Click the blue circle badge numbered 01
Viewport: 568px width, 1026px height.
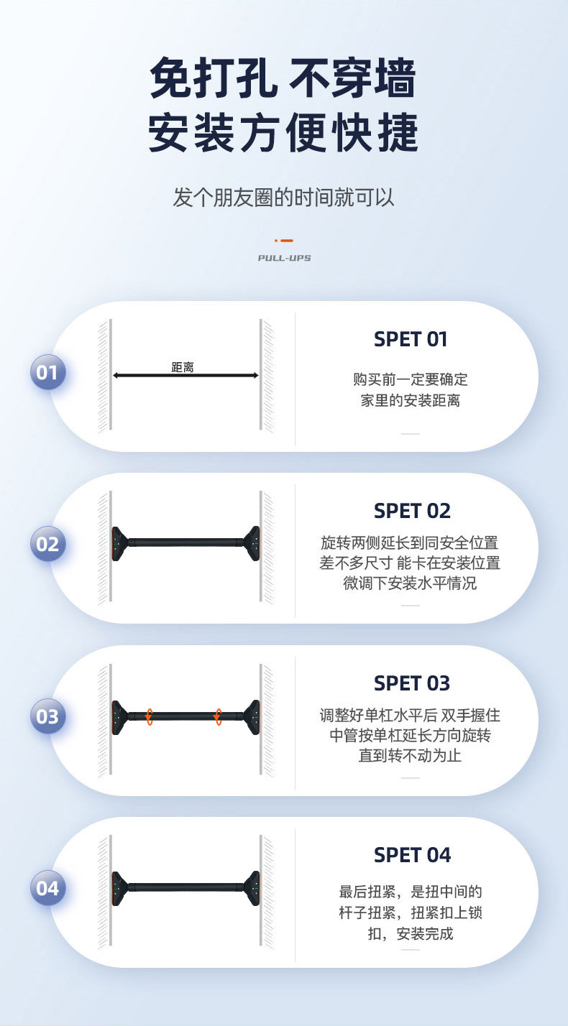(47, 373)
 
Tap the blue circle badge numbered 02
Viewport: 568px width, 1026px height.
(47, 544)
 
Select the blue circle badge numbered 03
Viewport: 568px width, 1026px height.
(47, 716)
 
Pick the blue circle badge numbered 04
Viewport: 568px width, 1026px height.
(47, 889)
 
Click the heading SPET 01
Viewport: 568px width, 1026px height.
(411, 339)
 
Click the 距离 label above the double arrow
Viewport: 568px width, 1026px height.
(183, 367)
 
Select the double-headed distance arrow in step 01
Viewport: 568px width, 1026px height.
(185, 375)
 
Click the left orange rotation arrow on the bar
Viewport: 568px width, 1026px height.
(149, 716)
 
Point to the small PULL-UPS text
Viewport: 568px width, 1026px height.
(284, 257)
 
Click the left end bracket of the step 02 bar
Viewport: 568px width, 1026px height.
(119, 543)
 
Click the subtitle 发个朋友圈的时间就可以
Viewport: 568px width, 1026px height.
(284, 196)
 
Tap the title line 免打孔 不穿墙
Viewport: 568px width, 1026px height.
(284, 78)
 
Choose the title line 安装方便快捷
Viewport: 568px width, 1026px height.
(284, 133)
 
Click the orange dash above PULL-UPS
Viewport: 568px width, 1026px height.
(285, 241)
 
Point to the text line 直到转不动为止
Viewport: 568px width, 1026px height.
(410, 756)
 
